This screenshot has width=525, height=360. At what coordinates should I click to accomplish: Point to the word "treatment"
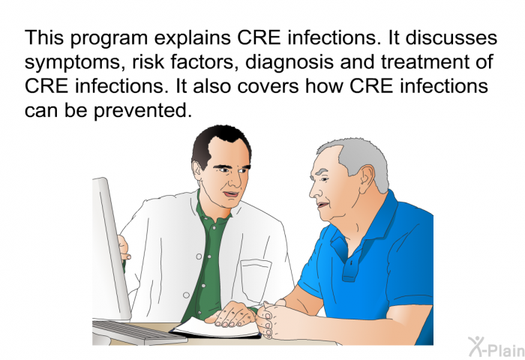423,61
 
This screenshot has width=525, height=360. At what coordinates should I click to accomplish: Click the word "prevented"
142,110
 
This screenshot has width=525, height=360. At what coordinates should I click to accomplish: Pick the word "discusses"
451,37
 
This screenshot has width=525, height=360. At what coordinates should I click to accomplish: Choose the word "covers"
268,86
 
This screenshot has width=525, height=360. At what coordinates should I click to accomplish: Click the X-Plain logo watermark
496,347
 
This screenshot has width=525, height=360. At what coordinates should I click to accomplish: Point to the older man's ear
366,179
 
